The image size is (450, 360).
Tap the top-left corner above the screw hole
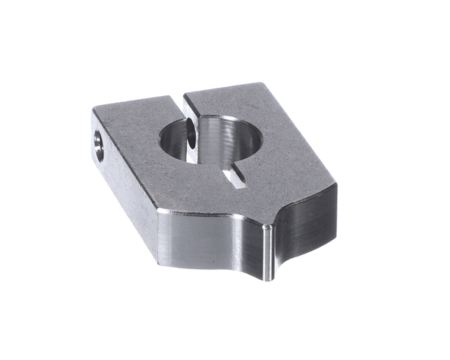[x=93, y=111]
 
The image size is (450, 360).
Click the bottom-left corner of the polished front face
[x=160, y=261]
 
